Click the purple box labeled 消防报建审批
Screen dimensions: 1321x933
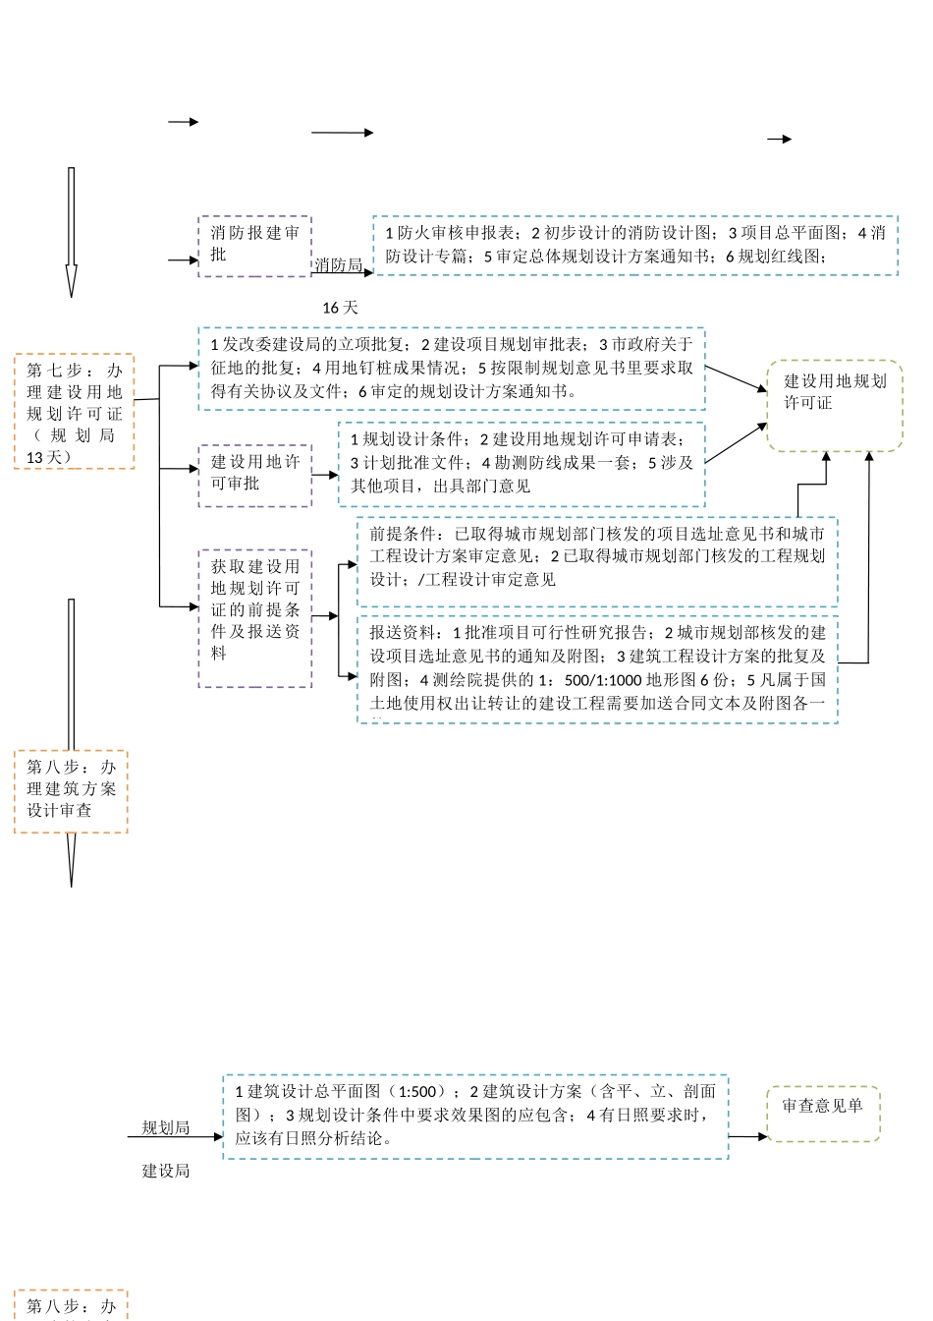pos(254,246)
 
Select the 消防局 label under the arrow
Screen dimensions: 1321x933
pos(339,265)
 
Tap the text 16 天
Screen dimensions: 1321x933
pos(340,308)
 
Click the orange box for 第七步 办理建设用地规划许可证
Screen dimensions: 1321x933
pos(74,412)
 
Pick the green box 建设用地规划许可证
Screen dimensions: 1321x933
pos(834,405)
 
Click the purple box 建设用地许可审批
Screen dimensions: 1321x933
pos(254,475)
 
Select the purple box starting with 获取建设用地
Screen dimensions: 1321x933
pos(254,617)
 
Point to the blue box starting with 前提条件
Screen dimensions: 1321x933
pos(597,561)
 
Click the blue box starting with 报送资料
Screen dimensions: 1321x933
pos(597,668)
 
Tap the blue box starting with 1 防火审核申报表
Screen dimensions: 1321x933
pos(634,246)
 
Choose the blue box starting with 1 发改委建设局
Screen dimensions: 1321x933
pos(452,369)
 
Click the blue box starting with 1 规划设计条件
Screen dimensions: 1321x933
pos(521,463)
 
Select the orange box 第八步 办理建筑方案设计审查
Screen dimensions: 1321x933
pos(71,791)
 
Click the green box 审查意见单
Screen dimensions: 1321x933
pos(822,1114)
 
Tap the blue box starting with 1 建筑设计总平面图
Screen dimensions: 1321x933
pos(475,1117)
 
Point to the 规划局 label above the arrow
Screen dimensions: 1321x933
pos(165,1127)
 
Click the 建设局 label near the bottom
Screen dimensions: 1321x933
pos(165,1171)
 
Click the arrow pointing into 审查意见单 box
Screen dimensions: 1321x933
pos(747,1136)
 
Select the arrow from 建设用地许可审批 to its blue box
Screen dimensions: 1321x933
pos(325,475)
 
